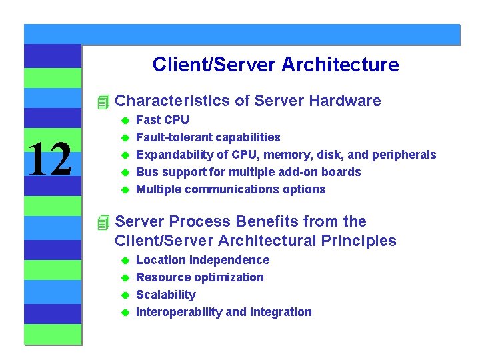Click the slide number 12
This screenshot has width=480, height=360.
click(50, 159)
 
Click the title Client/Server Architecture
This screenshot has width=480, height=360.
click(275, 65)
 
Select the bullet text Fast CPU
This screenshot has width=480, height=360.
click(162, 120)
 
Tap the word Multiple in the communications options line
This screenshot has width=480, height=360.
click(159, 189)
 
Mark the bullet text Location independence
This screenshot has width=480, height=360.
click(203, 260)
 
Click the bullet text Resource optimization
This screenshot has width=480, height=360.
click(199, 277)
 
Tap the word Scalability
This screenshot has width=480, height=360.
click(166, 295)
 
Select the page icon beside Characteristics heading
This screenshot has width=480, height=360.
click(101, 102)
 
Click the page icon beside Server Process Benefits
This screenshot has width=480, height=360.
click(101, 222)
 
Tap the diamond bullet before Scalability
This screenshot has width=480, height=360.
click(123, 295)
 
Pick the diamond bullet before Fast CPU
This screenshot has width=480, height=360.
click(123, 120)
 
